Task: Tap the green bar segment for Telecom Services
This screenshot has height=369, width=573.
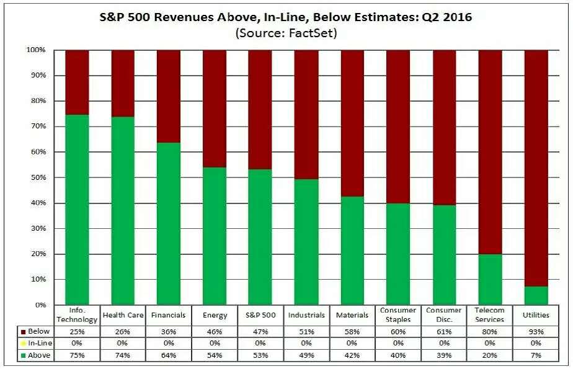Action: (x=490, y=279)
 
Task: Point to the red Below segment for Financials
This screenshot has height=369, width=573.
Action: (x=169, y=96)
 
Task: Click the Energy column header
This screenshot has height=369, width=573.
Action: (x=215, y=315)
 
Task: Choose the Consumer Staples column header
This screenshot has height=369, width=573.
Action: (x=398, y=315)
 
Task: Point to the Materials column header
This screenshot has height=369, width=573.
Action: (x=352, y=315)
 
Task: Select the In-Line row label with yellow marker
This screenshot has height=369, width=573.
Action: (x=39, y=344)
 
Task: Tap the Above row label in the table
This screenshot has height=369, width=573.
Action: (x=39, y=355)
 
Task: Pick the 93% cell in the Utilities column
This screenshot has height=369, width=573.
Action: (x=536, y=332)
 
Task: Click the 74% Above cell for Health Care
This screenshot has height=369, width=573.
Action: (x=123, y=355)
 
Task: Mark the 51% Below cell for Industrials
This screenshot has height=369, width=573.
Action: (x=306, y=332)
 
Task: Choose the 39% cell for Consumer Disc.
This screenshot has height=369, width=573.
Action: (x=444, y=355)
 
